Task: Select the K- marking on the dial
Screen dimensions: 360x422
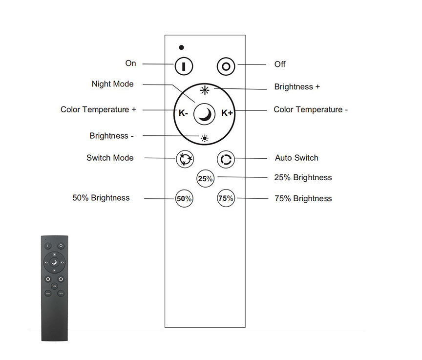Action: (183, 113)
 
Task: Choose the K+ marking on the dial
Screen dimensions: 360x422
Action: (227, 113)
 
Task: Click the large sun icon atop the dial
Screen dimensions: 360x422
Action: (205, 89)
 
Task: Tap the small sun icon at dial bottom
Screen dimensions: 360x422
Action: (204, 138)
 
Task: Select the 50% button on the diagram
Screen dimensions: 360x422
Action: (184, 199)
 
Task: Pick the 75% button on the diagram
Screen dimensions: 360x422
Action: (226, 198)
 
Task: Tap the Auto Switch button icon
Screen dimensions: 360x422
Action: (226, 159)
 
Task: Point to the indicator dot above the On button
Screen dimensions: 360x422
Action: (182, 48)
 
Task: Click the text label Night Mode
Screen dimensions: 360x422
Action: (112, 84)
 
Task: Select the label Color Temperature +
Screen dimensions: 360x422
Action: (98, 109)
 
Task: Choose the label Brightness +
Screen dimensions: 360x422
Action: (297, 87)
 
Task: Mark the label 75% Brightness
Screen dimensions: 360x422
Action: (303, 198)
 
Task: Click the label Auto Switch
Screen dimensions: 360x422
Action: (296, 158)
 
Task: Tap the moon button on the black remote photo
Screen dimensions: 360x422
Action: (54, 262)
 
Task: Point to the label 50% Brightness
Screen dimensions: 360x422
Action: (101, 198)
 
